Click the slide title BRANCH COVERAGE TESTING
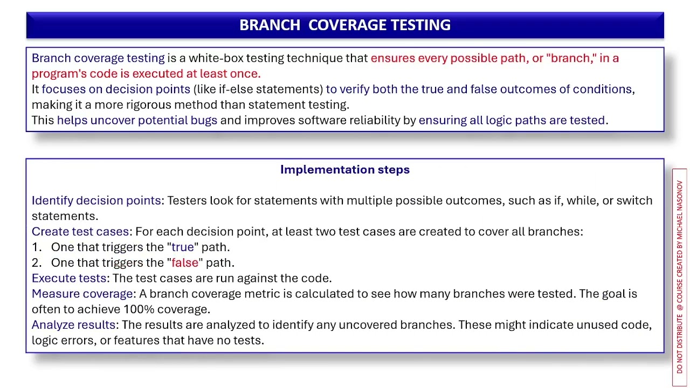click(x=345, y=25)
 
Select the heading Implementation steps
click(x=345, y=170)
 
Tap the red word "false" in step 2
click(x=185, y=263)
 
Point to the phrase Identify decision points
click(x=96, y=200)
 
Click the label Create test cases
click(x=80, y=232)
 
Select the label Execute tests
click(x=69, y=279)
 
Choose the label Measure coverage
click(x=83, y=294)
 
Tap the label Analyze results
click(x=74, y=325)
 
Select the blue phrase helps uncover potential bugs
click(x=137, y=120)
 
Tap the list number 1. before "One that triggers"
click(x=37, y=247)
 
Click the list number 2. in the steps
click(x=37, y=263)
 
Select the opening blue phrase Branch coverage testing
click(x=98, y=58)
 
